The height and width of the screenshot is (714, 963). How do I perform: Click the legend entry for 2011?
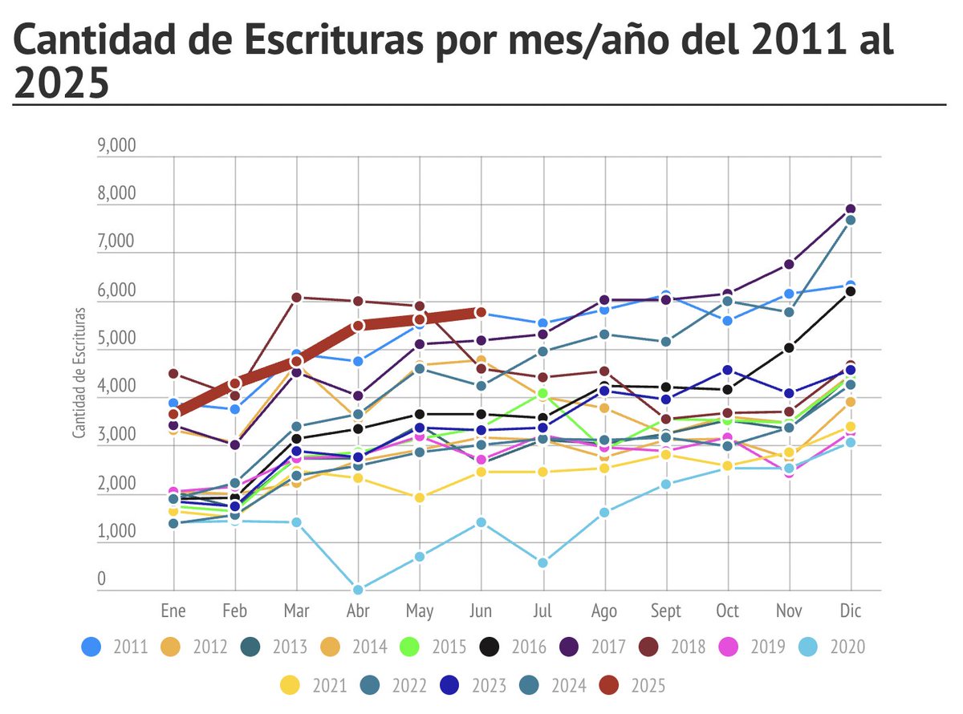115,646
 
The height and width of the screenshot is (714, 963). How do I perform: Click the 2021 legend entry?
311,685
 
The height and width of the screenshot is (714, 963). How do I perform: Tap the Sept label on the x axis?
665,611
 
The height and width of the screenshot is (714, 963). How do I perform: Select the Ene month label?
173,611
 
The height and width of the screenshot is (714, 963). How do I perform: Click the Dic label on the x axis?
850,611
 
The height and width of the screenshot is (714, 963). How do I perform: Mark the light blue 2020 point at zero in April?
358,590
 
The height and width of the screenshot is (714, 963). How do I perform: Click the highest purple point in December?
850,209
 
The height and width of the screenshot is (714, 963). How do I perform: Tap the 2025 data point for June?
481,312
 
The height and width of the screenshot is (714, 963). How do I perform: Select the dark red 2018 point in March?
296,298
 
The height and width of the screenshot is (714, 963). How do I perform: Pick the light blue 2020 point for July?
542,563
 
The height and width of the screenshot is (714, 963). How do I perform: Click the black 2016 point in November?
789,347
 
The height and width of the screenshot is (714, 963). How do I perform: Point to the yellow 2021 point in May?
419,497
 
